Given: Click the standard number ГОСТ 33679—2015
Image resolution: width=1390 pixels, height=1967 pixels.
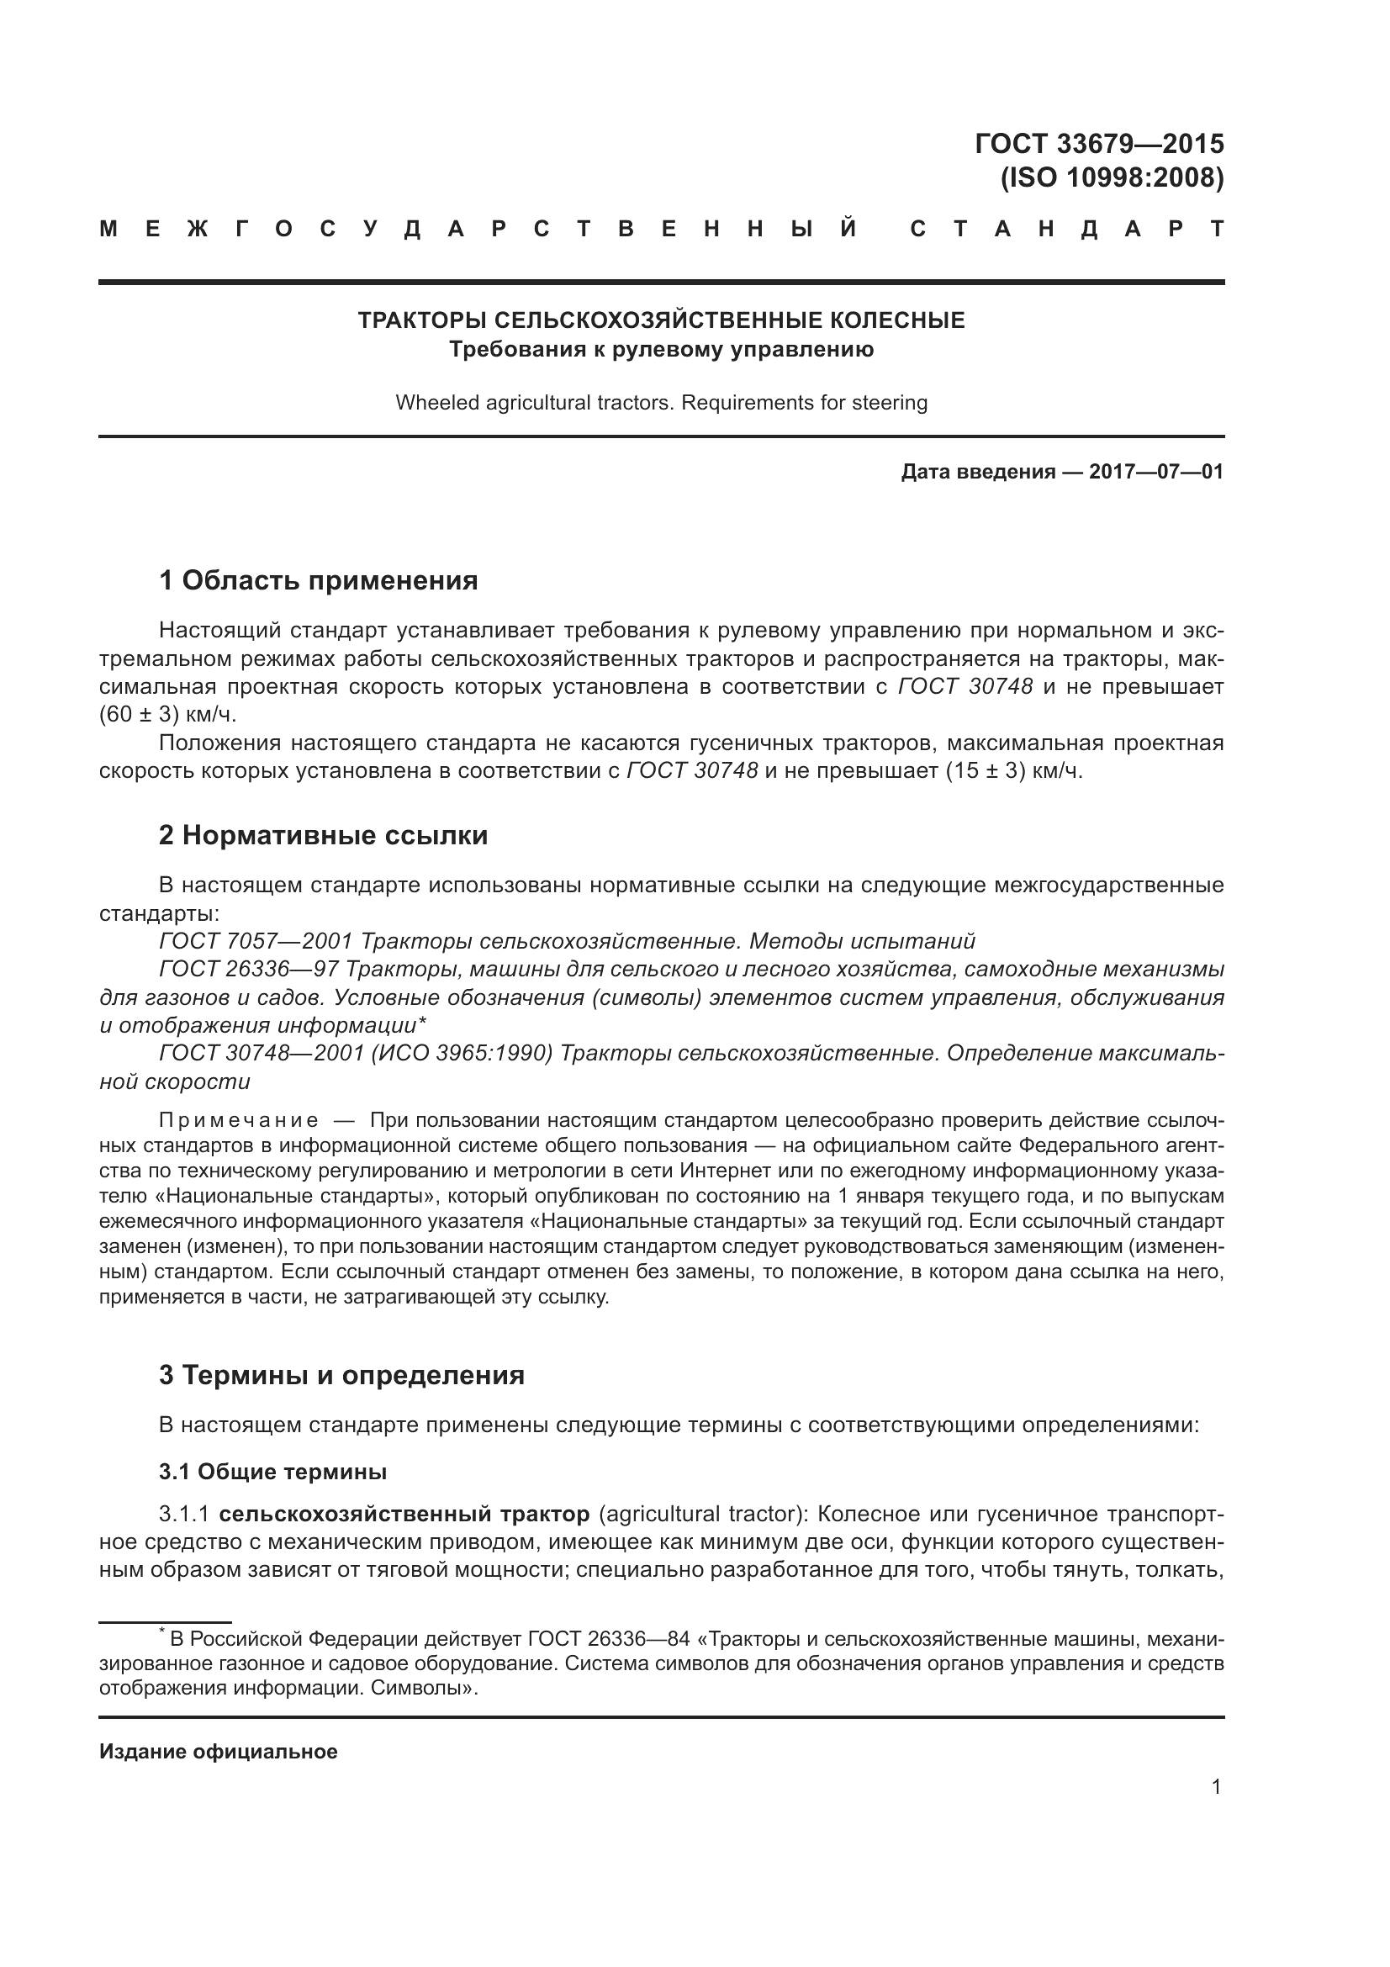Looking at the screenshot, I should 1099,143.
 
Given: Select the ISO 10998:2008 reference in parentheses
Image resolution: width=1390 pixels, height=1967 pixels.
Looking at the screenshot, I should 1112,178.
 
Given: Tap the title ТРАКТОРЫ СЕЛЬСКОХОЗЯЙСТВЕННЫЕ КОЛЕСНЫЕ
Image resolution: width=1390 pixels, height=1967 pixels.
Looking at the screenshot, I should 660,320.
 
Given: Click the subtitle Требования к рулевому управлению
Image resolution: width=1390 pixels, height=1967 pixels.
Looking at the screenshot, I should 660,350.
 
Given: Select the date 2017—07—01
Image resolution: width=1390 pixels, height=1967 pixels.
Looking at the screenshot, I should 1155,472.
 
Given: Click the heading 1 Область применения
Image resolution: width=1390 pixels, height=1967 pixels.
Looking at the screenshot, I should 318,581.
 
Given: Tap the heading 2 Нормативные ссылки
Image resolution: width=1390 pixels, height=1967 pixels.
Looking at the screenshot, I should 323,835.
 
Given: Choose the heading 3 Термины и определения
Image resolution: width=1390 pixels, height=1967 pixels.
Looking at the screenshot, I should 341,1376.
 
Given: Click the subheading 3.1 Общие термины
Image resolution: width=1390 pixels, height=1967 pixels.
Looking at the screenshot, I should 272,1472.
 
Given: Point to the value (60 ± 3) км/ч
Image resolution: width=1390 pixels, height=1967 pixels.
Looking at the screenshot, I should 167,715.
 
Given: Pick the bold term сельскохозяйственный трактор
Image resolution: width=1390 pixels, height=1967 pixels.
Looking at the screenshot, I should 404,1515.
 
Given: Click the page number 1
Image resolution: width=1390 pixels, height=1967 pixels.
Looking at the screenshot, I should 1216,1787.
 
